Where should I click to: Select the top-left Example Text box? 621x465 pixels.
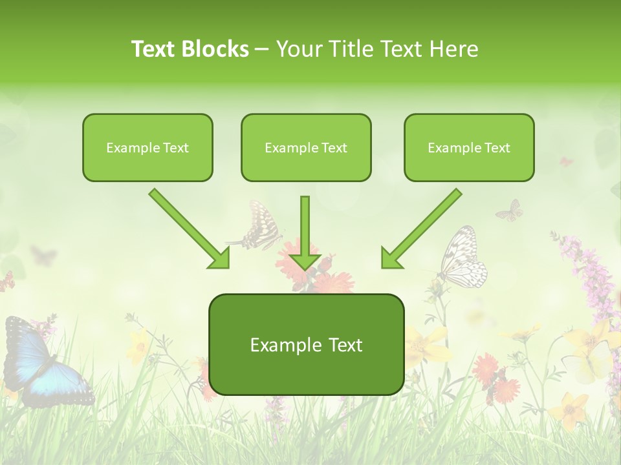(x=147, y=147)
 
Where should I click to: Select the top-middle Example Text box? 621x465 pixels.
(x=306, y=147)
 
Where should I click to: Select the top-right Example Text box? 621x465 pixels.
(x=469, y=147)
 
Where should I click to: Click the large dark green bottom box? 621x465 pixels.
(x=306, y=344)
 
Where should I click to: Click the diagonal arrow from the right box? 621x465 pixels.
(x=420, y=229)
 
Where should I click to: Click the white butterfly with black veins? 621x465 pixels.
(x=463, y=258)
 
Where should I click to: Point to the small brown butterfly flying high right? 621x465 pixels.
(x=510, y=210)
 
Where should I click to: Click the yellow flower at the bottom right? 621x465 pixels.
(x=569, y=410)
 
